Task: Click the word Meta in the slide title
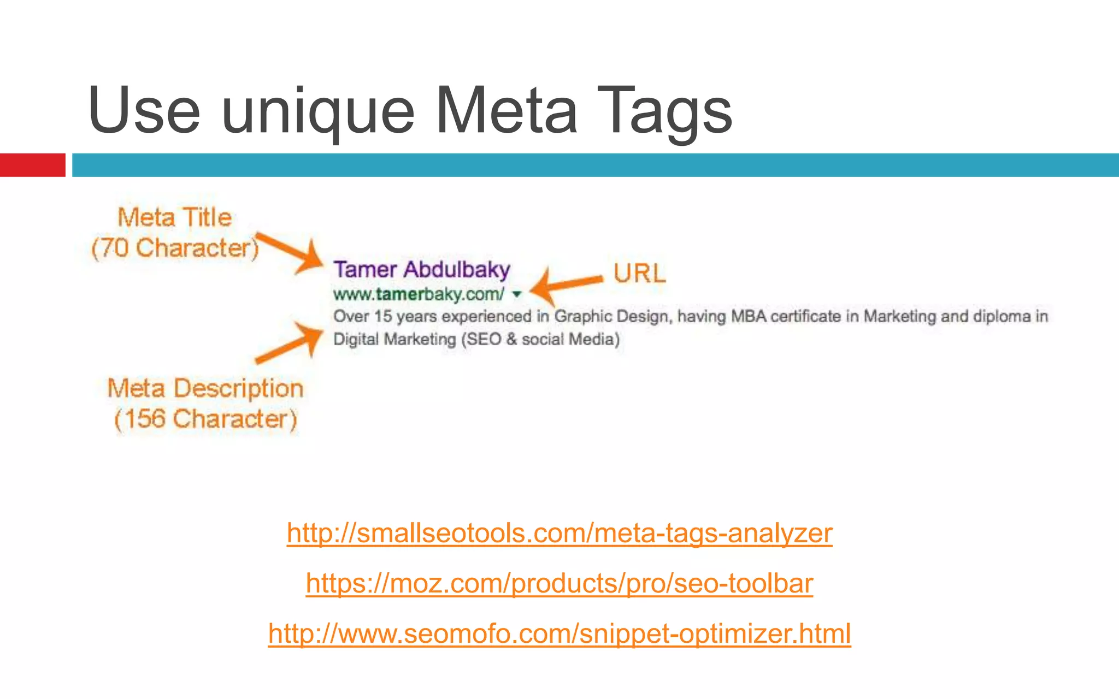[506, 111]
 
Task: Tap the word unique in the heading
[318, 112]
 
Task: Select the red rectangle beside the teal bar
[32, 165]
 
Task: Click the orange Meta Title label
[175, 217]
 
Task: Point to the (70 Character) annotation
[175, 248]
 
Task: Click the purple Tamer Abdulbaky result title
[422, 270]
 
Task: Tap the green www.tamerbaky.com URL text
[419, 294]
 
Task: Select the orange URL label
[639, 273]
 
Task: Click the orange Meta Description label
[205, 389]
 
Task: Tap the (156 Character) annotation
[205, 419]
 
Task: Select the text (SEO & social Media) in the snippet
[540, 340]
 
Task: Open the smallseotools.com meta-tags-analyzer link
[559, 533]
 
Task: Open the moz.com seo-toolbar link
[559, 583]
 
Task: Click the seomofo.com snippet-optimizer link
[559, 633]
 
